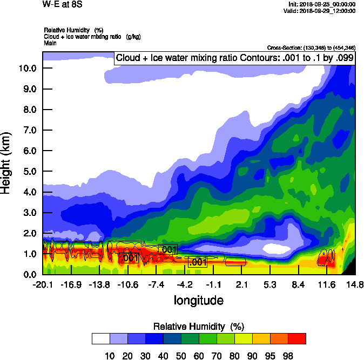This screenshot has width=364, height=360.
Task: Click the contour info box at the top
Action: click(234, 58)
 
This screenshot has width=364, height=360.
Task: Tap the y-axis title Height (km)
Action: click(7, 163)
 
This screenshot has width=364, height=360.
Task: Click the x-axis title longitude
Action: click(198, 300)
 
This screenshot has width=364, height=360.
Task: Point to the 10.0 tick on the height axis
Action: click(27, 68)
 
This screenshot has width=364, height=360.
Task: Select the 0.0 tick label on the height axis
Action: click(29, 275)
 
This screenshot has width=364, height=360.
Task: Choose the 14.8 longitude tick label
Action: click(355, 284)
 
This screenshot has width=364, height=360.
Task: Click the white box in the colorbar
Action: click(101, 338)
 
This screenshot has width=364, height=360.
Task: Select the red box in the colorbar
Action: click(296, 338)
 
